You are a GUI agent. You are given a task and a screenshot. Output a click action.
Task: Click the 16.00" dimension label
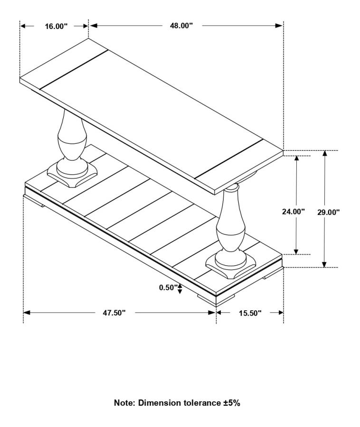click(x=56, y=26)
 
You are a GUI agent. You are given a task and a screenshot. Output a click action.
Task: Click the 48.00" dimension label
click(x=181, y=26)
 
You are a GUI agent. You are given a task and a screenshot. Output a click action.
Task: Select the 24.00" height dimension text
click(x=293, y=212)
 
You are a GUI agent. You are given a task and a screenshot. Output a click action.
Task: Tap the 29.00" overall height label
click(x=329, y=212)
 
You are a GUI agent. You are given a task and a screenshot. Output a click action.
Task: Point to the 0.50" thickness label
click(x=168, y=287)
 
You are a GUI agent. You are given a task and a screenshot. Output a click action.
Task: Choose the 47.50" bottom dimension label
click(x=114, y=313)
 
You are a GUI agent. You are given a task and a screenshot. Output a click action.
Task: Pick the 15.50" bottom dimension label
click(x=250, y=313)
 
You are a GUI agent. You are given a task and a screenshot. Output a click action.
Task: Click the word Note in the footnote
click(x=124, y=403)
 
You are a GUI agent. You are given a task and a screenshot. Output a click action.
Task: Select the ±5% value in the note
click(x=232, y=403)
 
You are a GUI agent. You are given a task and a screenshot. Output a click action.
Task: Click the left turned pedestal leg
click(x=72, y=139)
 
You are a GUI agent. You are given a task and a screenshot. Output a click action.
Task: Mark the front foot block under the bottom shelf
click(x=216, y=299)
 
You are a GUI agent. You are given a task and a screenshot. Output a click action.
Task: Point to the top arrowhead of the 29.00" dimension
click(x=324, y=154)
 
